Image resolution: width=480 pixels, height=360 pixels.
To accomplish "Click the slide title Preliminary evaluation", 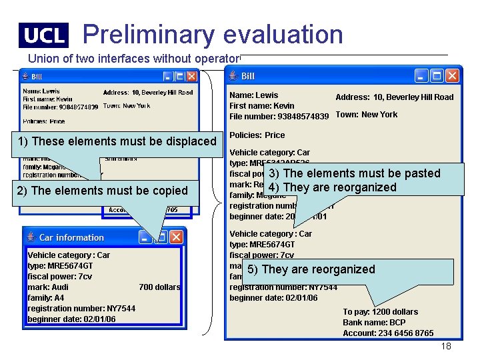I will (x=213, y=34).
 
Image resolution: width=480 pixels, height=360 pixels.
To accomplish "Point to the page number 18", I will (x=446, y=346).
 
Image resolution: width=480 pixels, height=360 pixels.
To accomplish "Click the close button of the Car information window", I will (x=176, y=237).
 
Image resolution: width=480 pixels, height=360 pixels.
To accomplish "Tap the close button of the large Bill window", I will (x=453, y=75).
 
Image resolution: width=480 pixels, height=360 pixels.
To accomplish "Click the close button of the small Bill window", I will (x=191, y=77).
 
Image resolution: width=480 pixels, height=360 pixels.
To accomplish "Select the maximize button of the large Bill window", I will (x=437, y=75).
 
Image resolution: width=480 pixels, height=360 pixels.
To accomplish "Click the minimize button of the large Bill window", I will (x=421, y=75).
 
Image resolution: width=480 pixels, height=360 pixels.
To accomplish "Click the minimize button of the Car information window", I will (x=145, y=237).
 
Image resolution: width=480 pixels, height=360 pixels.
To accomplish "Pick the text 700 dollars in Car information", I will (x=159, y=287).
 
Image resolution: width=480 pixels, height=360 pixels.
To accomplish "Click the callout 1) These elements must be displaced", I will (x=117, y=141).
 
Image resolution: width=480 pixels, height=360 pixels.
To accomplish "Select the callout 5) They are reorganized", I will (x=311, y=269).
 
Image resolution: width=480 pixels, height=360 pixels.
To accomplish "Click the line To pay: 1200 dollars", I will (x=380, y=312).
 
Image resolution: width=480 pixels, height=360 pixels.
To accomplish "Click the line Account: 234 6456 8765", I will (x=388, y=333).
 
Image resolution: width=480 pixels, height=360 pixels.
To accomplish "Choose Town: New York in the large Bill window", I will (x=366, y=115).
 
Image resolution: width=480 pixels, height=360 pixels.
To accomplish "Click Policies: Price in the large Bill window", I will (x=257, y=135).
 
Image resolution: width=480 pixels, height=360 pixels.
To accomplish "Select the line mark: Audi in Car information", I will (x=48, y=287).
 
